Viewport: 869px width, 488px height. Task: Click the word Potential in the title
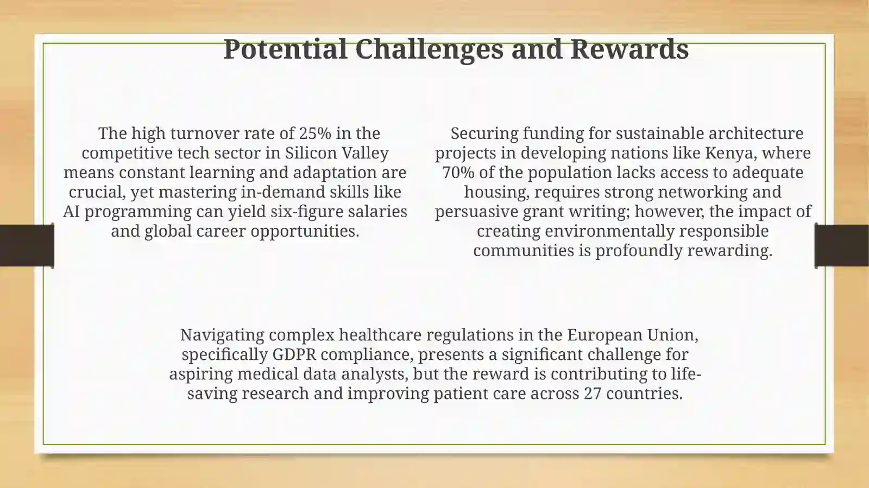(285, 49)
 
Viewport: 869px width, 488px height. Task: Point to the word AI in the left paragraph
(71, 211)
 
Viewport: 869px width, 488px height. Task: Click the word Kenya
(729, 153)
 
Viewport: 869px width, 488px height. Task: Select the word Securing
(484, 133)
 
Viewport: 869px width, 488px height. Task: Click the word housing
(496, 192)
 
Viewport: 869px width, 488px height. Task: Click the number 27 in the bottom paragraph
(593, 393)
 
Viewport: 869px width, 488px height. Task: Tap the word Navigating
(222, 334)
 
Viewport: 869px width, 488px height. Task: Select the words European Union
(632, 334)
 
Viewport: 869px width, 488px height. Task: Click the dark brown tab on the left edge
(26, 245)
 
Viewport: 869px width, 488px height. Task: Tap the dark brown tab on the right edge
(842, 245)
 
